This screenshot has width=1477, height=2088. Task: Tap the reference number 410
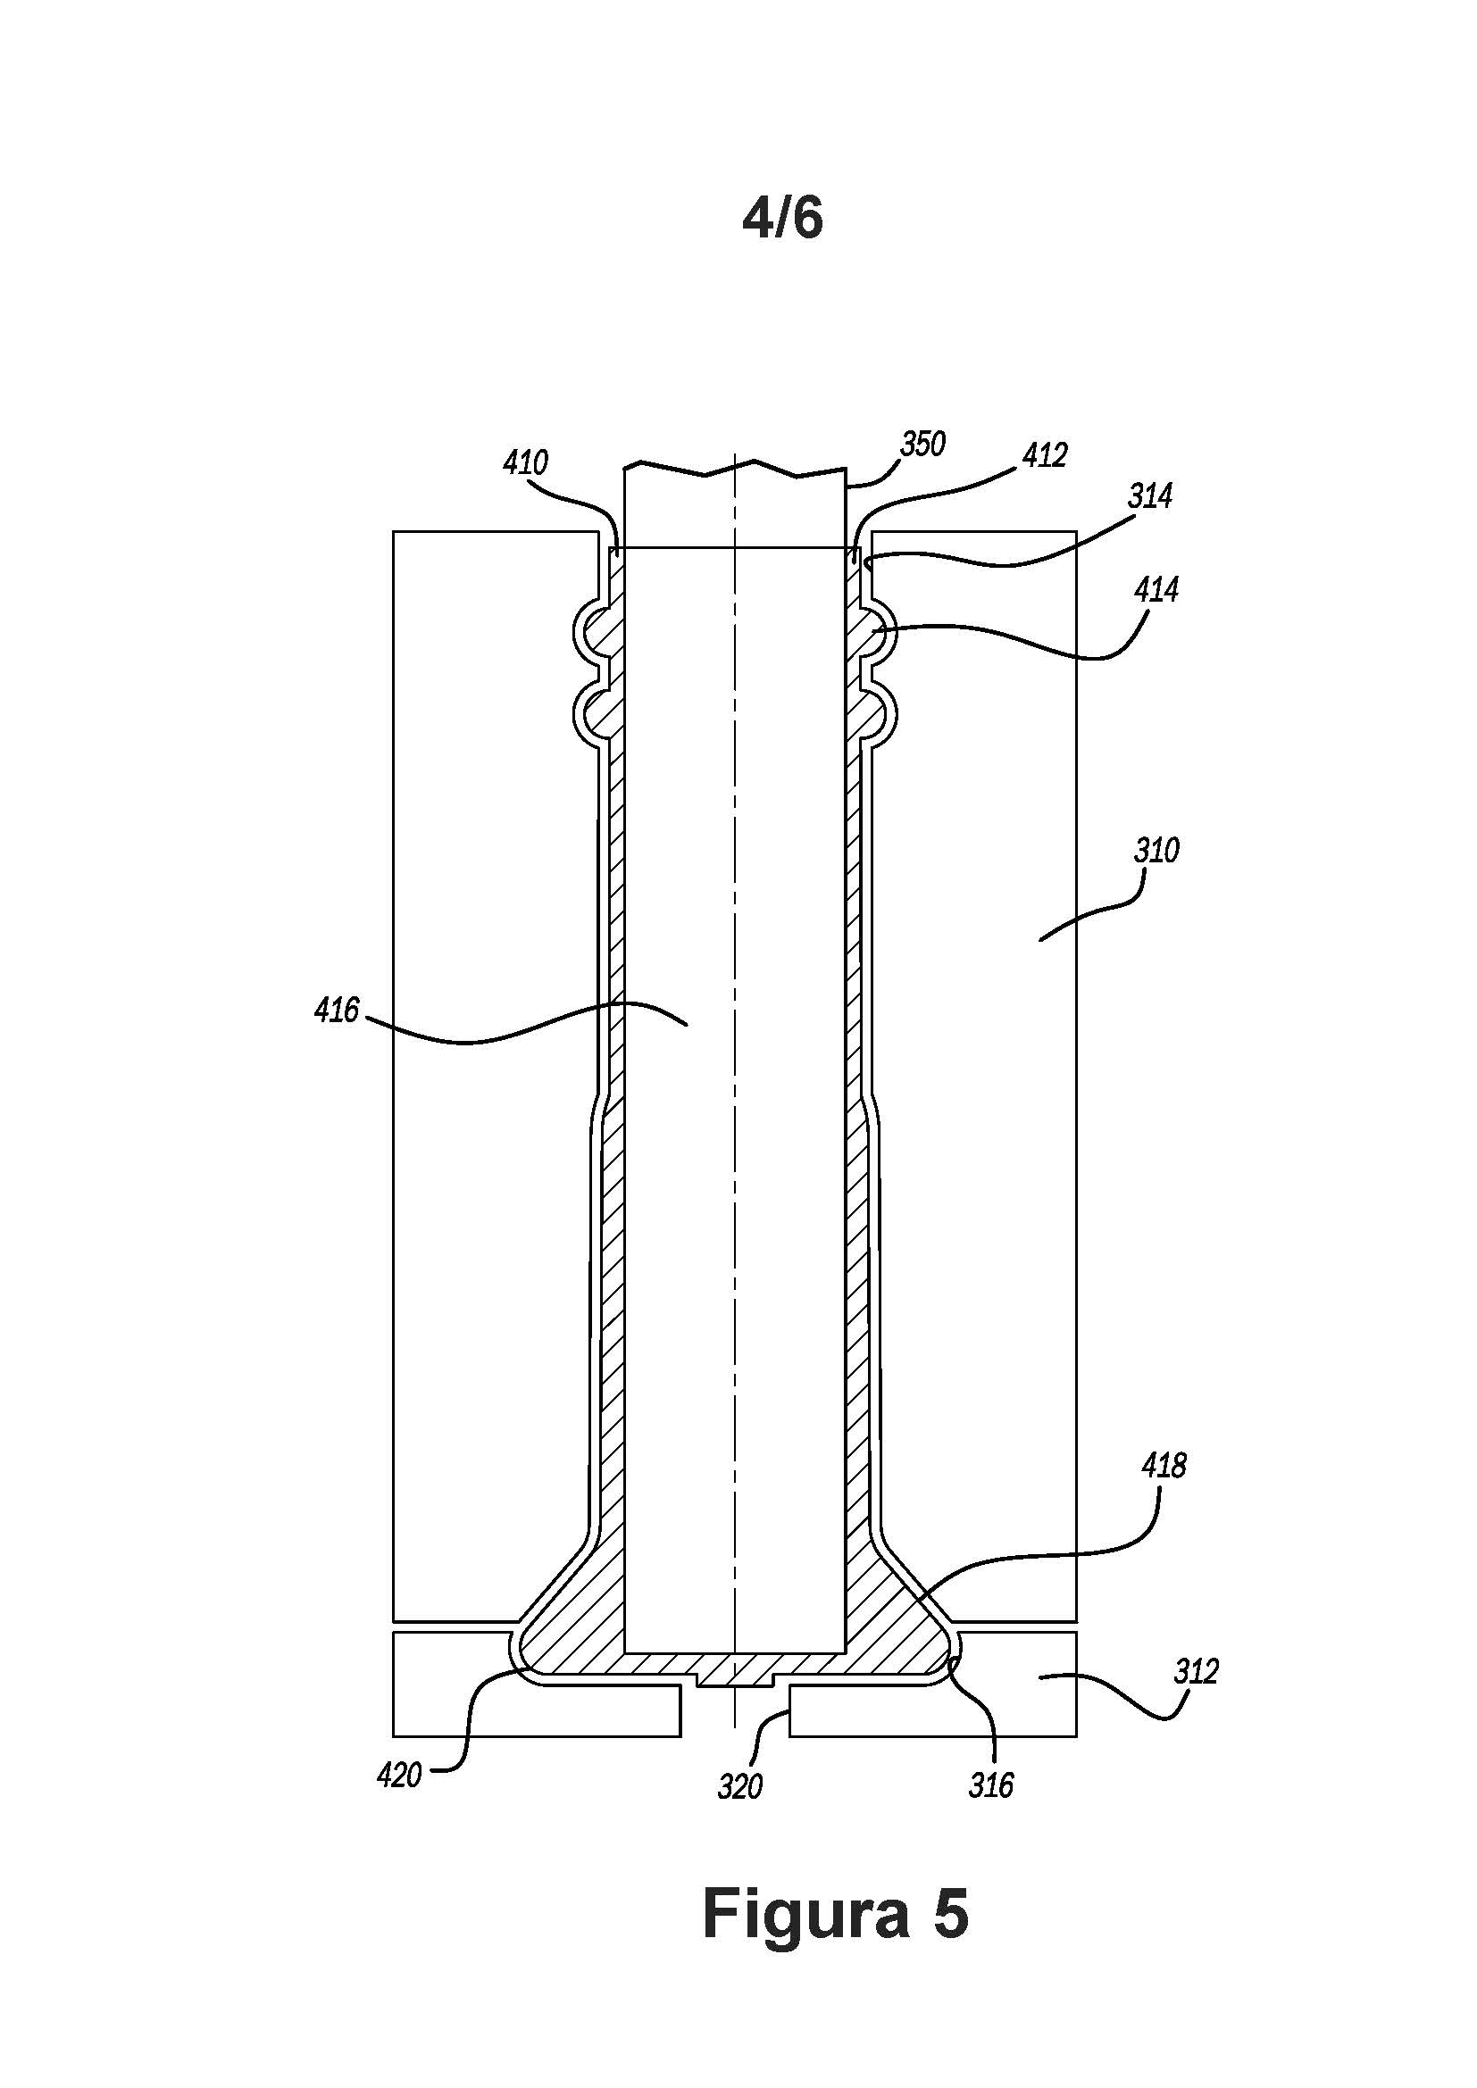tap(526, 463)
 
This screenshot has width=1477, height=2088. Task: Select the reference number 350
tap(923, 444)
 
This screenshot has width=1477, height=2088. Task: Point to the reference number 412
tap(1044, 454)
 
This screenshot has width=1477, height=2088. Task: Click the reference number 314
tap(1149, 495)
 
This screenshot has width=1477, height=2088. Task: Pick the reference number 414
tap(1156, 590)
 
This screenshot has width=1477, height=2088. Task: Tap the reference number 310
tap(1156, 851)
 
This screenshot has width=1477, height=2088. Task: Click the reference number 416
tap(337, 1010)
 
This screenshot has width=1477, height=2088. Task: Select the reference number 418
tap(1164, 1466)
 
